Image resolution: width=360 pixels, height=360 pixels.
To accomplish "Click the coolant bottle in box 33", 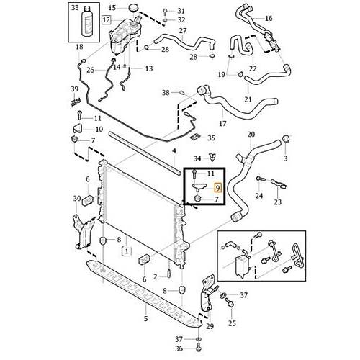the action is [87, 22].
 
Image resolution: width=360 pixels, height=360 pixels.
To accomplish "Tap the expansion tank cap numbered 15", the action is [133, 9].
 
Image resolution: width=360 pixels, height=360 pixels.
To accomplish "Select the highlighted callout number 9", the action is [217, 187].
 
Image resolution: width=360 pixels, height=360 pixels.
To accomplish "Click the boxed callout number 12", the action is [106, 19].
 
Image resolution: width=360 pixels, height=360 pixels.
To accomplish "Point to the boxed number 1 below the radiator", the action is [127, 251].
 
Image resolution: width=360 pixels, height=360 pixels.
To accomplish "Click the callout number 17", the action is [222, 124].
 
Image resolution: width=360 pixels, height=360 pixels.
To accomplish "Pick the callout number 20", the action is [251, 135].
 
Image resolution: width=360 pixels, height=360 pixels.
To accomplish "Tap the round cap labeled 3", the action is [286, 139].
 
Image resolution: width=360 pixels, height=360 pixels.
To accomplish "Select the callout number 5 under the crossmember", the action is [146, 319].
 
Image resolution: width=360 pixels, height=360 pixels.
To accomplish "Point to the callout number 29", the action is [210, 326].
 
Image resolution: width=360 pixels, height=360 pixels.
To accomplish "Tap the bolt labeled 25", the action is [230, 303].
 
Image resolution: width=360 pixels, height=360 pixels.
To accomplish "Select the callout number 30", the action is [77, 199].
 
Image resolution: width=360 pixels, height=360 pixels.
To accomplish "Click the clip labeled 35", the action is [196, 138].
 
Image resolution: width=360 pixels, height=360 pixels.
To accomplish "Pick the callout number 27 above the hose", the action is [183, 31].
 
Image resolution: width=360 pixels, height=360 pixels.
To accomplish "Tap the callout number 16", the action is [269, 18].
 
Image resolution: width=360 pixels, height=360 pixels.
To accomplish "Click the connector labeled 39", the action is [75, 102].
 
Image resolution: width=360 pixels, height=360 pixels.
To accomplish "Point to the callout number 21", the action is [248, 99].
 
